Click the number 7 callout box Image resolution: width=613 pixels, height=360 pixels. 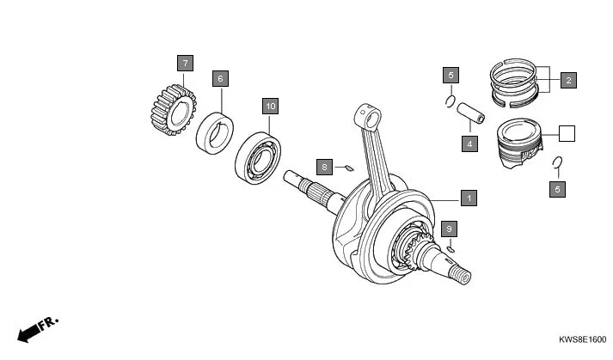(x=186, y=63)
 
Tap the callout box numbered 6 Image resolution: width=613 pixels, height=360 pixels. (x=220, y=78)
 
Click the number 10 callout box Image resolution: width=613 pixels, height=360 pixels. (x=270, y=106)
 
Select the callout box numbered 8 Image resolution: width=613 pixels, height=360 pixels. (x=323, y=165)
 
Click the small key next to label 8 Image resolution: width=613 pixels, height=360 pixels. (x=347, y=168)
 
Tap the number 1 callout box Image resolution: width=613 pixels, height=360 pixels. (x=468, y=198)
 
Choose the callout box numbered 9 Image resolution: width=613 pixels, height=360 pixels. (x=447, y=229)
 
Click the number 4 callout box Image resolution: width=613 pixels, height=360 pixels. (x=469, y=143)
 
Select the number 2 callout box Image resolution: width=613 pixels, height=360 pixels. (x=567, y=81)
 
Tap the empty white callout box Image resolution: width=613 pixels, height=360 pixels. (x=566, y=133)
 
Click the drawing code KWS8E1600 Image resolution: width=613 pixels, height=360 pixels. (x=575, y=341)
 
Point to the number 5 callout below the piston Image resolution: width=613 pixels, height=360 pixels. (x=557, y=188)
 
